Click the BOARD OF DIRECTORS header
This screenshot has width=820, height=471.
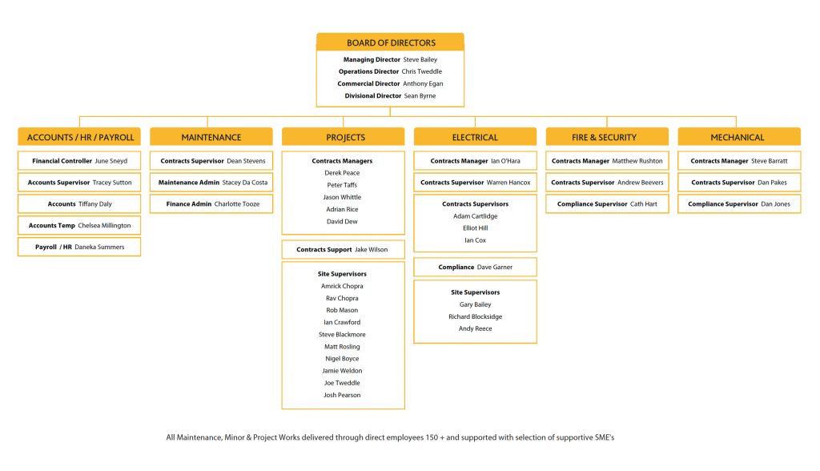390,42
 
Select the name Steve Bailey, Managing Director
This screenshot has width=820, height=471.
420,59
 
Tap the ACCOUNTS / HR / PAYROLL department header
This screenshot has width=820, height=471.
80,137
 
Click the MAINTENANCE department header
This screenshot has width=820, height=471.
211,137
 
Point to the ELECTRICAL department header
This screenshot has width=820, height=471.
475,137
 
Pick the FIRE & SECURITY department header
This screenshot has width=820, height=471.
606,137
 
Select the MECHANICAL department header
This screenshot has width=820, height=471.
738,137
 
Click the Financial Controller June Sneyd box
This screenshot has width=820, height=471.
80,161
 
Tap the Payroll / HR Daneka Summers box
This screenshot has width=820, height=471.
80,247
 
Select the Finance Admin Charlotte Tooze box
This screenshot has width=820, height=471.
211,204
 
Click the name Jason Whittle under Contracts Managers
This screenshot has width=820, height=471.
342,197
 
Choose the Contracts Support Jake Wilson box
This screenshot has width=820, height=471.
342,250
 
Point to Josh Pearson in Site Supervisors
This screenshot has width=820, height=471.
342,395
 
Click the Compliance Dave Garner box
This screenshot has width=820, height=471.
475,267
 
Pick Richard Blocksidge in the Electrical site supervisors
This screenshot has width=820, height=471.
475,316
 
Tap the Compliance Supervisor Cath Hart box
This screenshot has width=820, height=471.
606,204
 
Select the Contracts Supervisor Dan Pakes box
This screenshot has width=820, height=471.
738,183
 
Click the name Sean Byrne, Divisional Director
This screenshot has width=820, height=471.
420,95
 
